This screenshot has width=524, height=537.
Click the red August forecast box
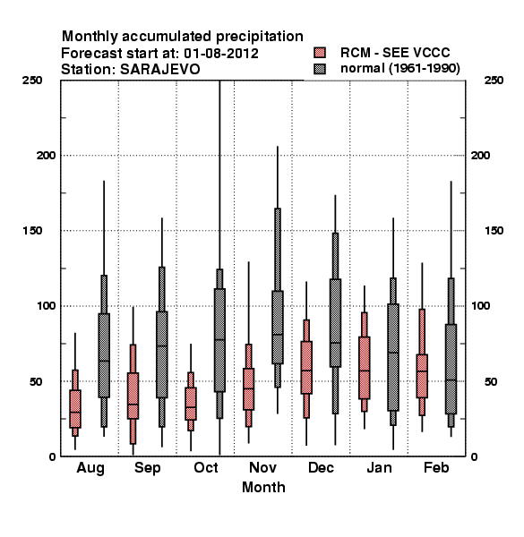point(75,409)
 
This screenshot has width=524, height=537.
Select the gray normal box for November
point(278,328)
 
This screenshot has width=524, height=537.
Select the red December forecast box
point(306,368)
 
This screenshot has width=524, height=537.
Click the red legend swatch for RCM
point(320,53)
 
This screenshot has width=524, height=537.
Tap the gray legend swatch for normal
point(320,69)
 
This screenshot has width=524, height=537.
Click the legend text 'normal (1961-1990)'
point(399,69)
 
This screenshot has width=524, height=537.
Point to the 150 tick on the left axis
point(32,231)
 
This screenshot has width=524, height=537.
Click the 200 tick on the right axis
point(480,156)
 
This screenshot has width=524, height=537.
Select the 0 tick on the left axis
point(52,456)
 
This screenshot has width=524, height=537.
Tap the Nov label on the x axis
point(262,467)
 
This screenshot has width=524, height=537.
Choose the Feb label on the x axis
point(436,467)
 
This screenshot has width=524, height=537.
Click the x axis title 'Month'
point(263,488)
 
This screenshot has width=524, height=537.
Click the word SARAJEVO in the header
point(159,70)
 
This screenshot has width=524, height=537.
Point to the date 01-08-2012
point(221,54)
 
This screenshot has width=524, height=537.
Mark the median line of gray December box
point(336,343)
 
